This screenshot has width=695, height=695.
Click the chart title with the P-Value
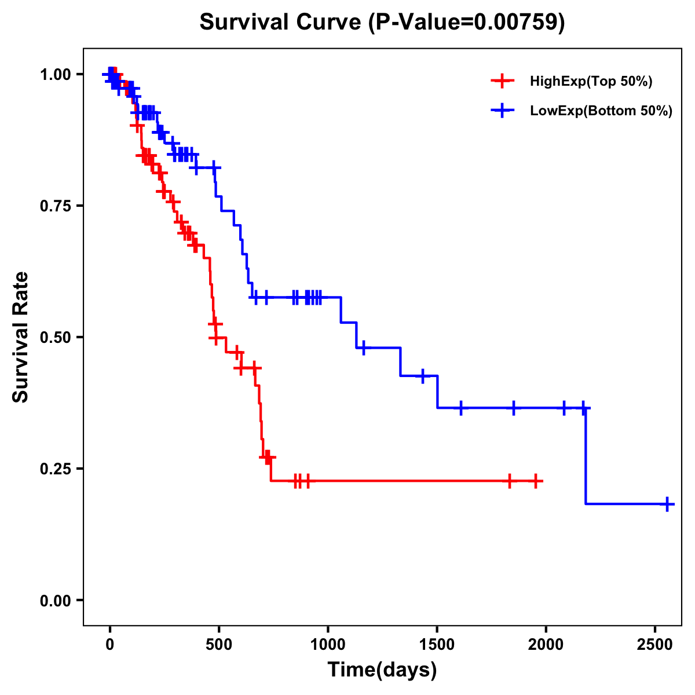click(x=382, y=23)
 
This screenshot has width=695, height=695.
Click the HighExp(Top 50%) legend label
click(x=591, y=82)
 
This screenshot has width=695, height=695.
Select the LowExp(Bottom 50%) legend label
click(x=601, y=111)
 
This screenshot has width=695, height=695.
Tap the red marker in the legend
click(x=502, y=81)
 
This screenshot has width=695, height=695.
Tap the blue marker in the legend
click(x=502, y=111)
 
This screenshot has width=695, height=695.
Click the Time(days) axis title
click(x=382, y=670)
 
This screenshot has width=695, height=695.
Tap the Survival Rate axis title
click(x=21, y=337)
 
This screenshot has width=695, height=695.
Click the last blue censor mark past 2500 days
click(x=667, y=504)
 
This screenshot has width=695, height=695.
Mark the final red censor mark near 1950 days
click(x=536, y=481)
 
